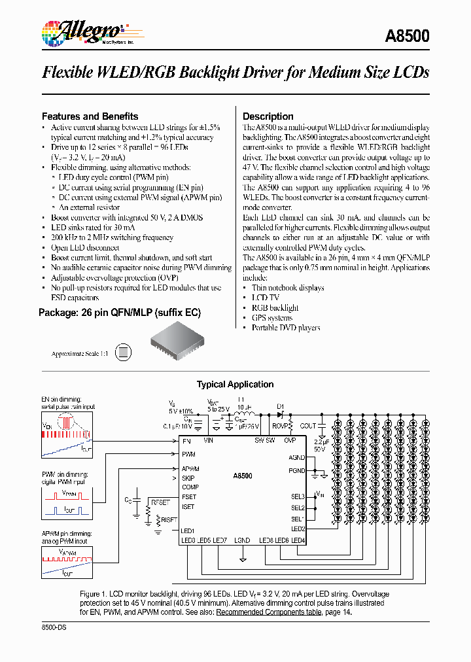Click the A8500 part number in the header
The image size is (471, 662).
tap(408, 36)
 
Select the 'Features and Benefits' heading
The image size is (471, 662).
tap(90, 116)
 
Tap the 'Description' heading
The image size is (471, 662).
tap(268, 116)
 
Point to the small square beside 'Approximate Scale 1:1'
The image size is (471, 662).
tap(121, 353)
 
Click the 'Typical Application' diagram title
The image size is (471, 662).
tap(235, 385)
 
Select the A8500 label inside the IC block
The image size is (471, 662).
tap(242, 477)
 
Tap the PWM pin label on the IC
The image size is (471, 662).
tap(189, 454)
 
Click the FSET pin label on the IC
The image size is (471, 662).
tap(189, 497)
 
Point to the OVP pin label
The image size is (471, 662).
tap(290, 441)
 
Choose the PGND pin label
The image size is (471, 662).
tap(297, 470)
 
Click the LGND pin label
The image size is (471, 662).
tap(242, 540)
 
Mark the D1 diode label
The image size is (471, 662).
tap(280, 406)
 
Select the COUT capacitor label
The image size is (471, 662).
tap(308, 426)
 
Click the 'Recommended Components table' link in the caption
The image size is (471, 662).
tap(268, 612)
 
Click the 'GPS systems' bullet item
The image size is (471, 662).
tap(271, 318)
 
